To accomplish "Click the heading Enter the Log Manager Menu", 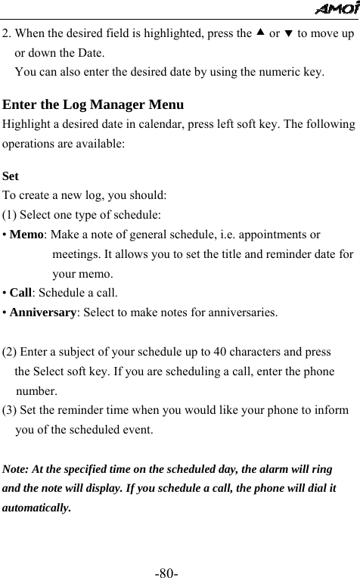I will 94,104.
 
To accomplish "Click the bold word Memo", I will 26,236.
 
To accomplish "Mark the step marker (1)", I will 11,216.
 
